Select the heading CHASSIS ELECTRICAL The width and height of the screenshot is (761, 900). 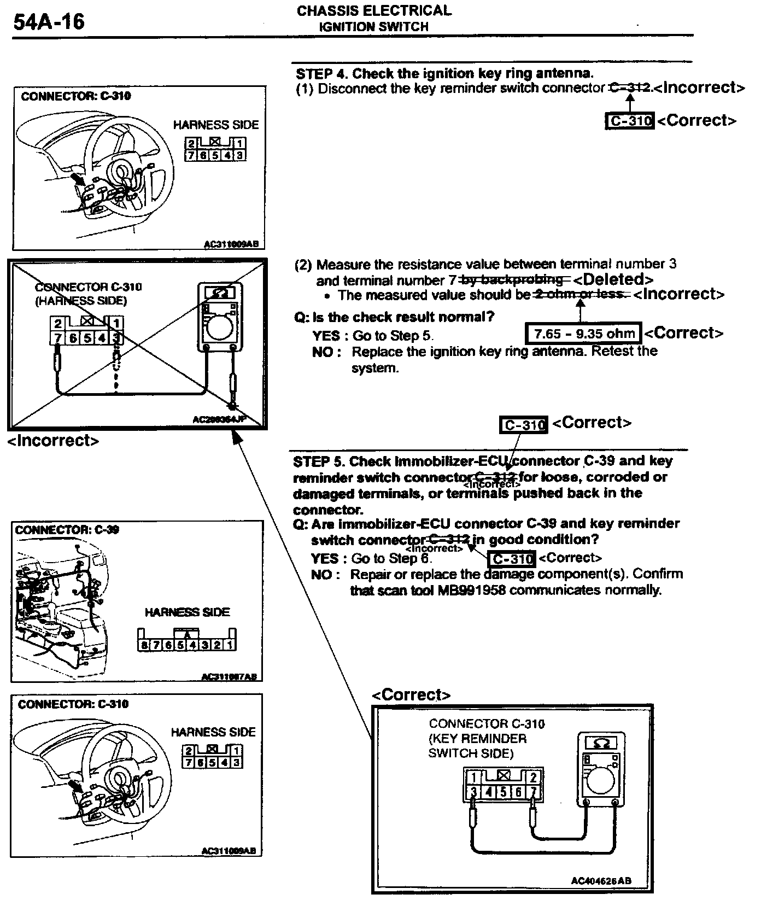pyautogui.click(x=374, y=10)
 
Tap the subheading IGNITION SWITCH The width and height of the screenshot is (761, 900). pyautogui.click(x=374, y=27)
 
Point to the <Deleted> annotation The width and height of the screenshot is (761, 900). pyautogui.click(x=614, y=279)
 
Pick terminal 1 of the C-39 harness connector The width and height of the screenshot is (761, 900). pyautogui.click(x=231, y=645)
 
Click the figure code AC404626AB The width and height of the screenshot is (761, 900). pyautogui.click(x=601, y=881)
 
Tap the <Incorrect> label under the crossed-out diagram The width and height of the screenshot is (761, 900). pyautogui.click(x=54, y=441)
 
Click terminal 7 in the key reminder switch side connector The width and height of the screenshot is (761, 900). pyautogui.click(x=534, y=792)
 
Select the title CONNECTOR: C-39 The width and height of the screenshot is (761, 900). pyautogui.click(x=67, y=530)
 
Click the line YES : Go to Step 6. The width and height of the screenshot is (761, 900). pyautogui.click(x=372, y=558)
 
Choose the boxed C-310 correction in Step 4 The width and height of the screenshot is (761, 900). pyautogui.click(x=630, y=121)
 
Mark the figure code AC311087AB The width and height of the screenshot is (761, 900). pyautogui.click(x=229, y=677)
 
